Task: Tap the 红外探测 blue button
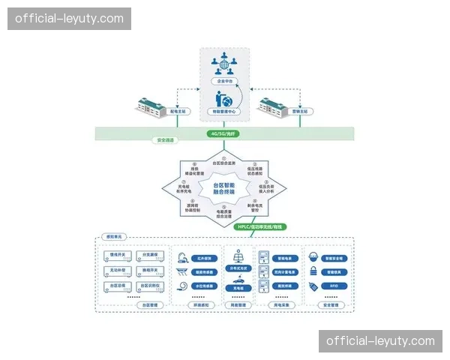click(x=204, y=258)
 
